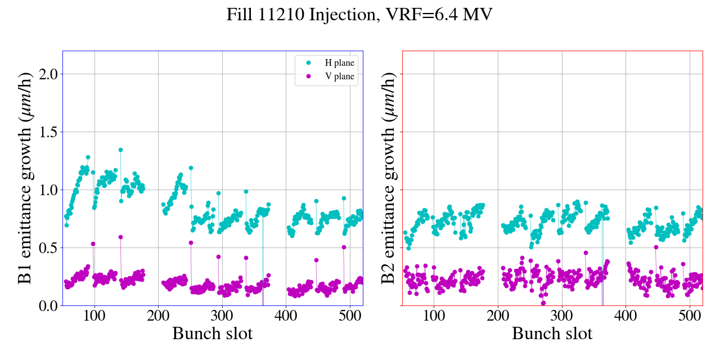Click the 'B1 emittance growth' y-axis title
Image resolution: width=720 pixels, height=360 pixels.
click(x=25, y=178)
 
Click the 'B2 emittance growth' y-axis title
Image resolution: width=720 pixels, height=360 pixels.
click(x=388, y=178)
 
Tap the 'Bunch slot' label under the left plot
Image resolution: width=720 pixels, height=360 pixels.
click(x=212, y=334)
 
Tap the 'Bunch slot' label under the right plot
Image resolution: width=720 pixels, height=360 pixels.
click(x=552, y=334)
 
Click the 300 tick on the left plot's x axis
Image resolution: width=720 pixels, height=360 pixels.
click(x=222, y=316)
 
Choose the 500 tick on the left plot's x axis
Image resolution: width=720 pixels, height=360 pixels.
click(x=350, y=316)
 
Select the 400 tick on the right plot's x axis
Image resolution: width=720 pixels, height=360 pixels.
click(x=626, y=316)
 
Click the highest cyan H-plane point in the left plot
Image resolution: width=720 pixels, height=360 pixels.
click(x=120, y=150)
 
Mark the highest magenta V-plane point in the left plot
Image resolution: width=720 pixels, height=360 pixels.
click(x=120, y=237)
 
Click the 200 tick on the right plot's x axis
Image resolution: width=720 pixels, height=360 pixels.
click(x=498, y=316)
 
